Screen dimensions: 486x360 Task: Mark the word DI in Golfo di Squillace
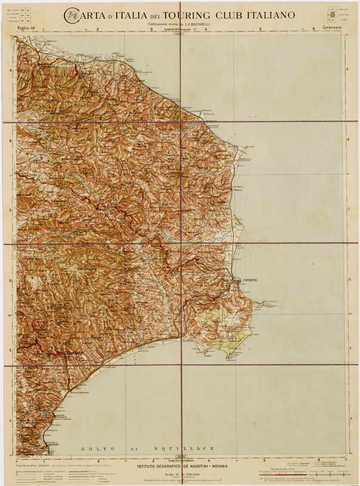point(136,448)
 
